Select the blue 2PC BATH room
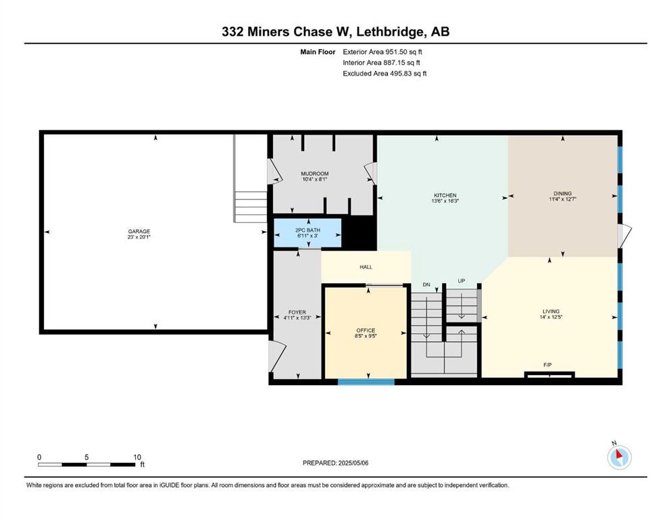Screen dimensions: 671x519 tap(307, 232)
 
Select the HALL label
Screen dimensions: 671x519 tap(366, 267)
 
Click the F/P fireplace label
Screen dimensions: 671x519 tap(547, 365)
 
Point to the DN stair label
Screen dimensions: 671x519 tap(426, 285)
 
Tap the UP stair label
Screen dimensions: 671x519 tap(462, 280)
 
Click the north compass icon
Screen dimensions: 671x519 tap(619, 457)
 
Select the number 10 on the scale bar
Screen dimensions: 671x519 tap(137, 457)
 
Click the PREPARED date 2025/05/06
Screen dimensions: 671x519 tap(353, 463)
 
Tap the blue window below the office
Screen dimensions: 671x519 tap(366, 382)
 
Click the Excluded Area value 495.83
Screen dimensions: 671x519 tap(401, 73)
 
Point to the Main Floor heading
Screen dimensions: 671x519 tap(318, 52)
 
